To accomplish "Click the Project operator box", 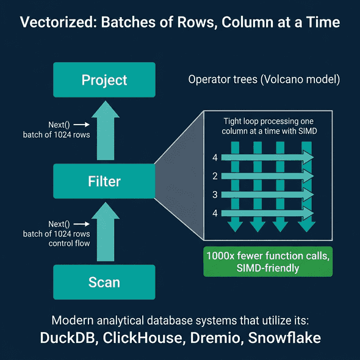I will pos(104,80).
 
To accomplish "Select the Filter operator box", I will pos(104,181).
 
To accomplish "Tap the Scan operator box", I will pos(104,282).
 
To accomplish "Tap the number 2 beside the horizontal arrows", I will pos(215,176).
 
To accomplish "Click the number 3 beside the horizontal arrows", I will pos(215,195).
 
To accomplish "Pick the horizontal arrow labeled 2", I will pos(265,176).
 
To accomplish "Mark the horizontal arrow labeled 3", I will pos(265,195).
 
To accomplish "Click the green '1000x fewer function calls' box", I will pos(268,261).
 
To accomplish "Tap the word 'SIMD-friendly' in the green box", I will pos(268,268).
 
